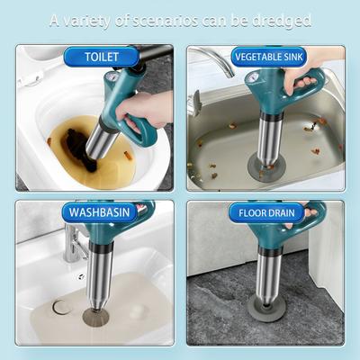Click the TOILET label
click(x=102, y=57)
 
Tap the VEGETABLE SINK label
click(x=269, y=57)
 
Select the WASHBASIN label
click(x=99, y=212)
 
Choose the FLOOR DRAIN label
click(x=266, y=213)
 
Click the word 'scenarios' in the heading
click(x=165, y=21)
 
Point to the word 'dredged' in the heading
click(x=281, y=22)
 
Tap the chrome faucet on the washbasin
click(x=73, y=245)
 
